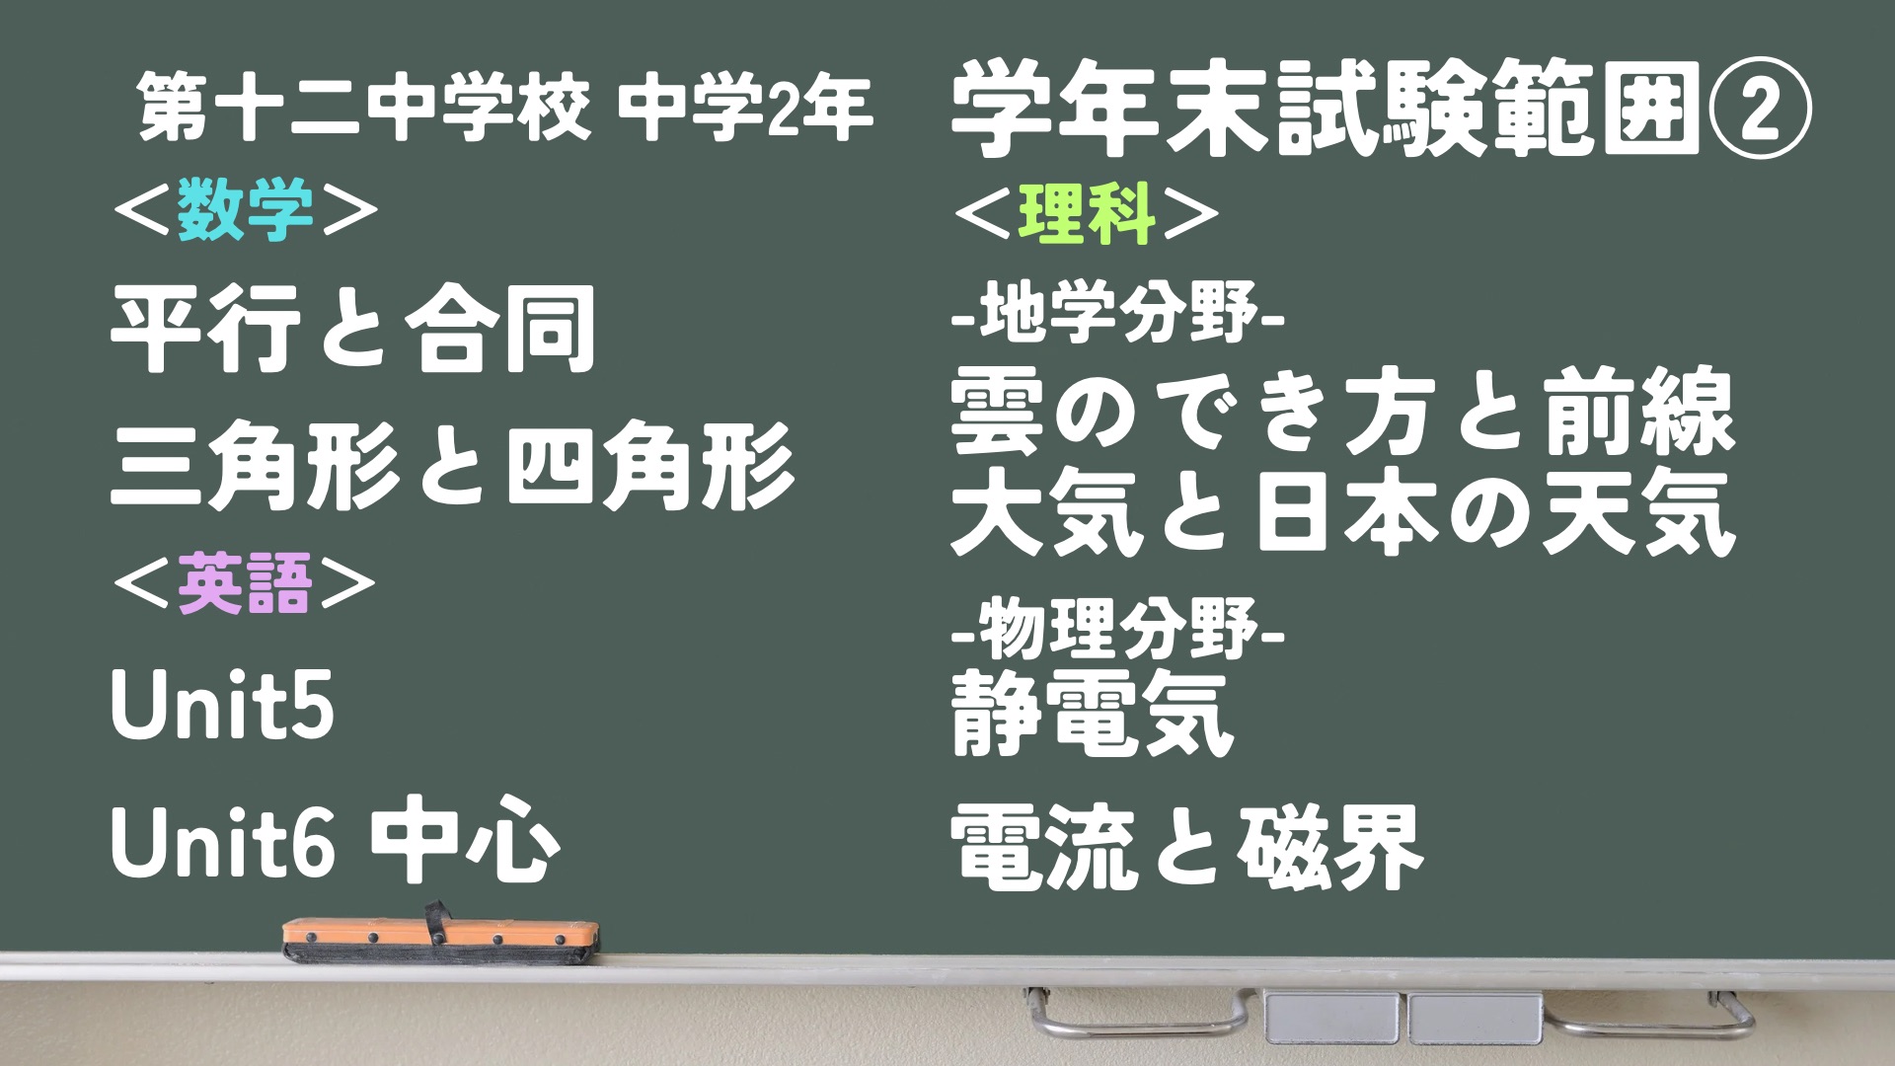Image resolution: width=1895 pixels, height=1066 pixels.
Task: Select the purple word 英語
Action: tap(245, 584)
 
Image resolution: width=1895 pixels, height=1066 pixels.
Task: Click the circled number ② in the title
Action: tap(1758, 111)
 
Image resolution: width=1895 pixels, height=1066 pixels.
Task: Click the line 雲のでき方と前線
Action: tap(1342, 413)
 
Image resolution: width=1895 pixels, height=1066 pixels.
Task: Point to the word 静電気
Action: tap(1093, 713)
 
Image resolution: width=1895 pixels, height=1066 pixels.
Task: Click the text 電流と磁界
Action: tap(1187, 846)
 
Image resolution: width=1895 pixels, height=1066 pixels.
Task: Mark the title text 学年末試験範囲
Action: tap(1326, 111)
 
